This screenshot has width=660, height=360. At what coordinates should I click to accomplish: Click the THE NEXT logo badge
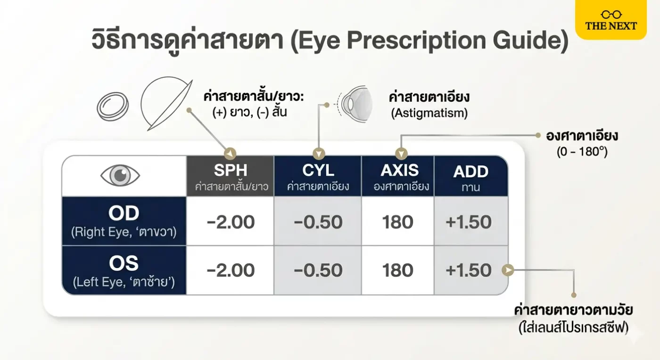[x=611, y=19]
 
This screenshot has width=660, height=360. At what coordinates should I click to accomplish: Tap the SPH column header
[x=231, y=176]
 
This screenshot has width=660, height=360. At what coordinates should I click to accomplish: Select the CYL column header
[x=318, y=176]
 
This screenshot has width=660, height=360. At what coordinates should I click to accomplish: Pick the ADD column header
[x=471, y=176]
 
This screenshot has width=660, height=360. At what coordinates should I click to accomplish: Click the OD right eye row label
[x=124, y=221]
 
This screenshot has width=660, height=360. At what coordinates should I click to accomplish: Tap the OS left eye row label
[x=124, y=270]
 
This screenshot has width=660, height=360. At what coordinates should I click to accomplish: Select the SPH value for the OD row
[x=231, y=222]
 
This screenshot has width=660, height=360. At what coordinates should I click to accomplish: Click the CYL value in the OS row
[x=318, y=270]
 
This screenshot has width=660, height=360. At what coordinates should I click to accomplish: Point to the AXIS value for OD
[x=397, y=222]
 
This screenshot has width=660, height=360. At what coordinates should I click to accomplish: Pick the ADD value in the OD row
[x=469, y=222]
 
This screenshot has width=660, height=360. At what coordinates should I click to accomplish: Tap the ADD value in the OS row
[x=469, y=270]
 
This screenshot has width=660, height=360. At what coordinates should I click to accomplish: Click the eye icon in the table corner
[x=120, y=175]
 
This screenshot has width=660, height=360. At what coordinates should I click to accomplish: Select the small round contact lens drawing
[x=113, y=106]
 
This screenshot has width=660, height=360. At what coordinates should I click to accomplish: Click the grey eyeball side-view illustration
[x=355, y=104]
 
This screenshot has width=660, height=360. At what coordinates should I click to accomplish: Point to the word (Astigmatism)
[x=429, y=113]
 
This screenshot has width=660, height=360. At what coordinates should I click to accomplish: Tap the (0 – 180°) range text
[x=582, y=152]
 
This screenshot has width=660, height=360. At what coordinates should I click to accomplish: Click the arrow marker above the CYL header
[x=319, y=154]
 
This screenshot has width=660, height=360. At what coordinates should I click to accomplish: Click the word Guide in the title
[x=530, y=41]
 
